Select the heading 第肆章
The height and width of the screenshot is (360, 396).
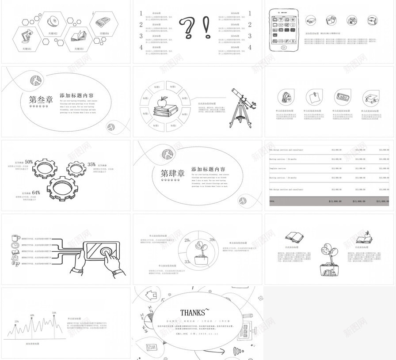pyautogui.click(x=172, y=173)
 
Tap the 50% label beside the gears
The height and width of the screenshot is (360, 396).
pyautogui.click(x=29, y=162)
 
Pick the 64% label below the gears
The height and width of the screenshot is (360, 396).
pyautogui.click(x=36, y=193)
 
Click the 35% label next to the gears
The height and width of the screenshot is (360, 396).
pyautogui.click(x=91, y=164)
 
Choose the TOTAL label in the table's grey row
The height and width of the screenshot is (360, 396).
pyautogui.click(x=272, y=201)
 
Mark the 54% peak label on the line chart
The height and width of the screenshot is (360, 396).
pyautogui.click(x=54, y=313)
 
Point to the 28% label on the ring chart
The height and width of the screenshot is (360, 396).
pyautogui.click(x=187, y=240)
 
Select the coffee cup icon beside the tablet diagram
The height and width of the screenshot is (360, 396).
pyautogui.click(x=15, y=237)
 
